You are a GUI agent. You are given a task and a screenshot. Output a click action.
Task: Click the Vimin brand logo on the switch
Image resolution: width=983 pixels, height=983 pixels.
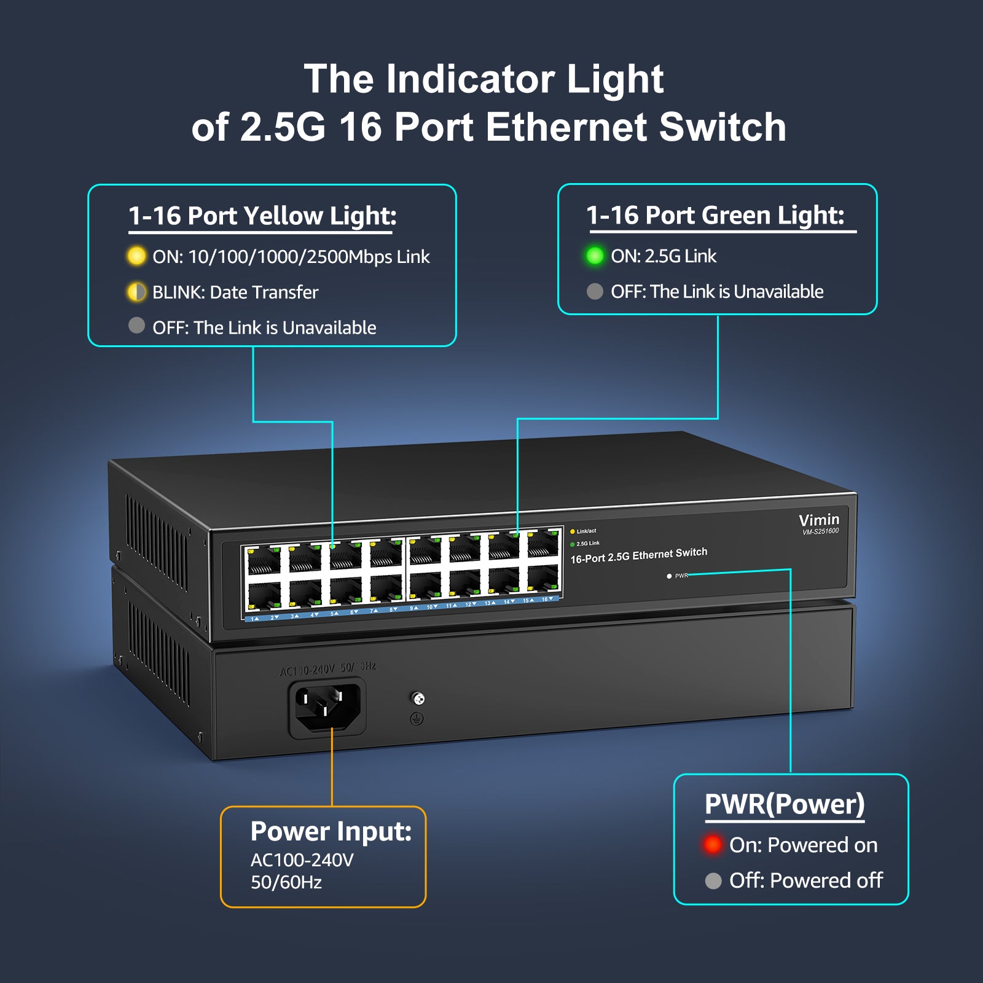pos(818,520)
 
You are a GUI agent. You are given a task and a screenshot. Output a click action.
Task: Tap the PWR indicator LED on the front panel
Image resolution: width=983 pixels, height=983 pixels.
pos(669,576)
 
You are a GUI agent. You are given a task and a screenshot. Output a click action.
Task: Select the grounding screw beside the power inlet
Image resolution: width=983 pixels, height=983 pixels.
pos(418,699)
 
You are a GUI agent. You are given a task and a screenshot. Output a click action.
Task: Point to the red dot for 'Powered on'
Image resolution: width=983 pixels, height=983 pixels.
pos(713,844)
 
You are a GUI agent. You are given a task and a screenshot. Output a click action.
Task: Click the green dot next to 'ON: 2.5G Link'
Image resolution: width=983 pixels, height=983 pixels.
pos(595,256)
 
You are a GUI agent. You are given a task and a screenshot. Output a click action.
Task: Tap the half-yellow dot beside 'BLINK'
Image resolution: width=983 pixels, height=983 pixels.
pos(136,292)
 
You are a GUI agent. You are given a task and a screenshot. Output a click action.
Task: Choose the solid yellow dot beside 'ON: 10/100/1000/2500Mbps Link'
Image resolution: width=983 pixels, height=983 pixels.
pos(136,256)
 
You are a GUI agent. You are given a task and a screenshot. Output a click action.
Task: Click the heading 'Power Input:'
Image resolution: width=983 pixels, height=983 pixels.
pos(331,831)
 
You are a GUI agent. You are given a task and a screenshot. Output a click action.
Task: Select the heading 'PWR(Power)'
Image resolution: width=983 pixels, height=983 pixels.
pos(785,804)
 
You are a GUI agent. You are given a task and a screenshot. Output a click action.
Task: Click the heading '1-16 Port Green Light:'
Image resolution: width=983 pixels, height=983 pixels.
pos(715,215)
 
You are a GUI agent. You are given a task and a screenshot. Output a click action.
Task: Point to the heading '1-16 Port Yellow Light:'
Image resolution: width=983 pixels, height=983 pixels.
pos(262,216)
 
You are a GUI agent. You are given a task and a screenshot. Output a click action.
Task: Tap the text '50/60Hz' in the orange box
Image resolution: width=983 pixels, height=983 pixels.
pos(286,882)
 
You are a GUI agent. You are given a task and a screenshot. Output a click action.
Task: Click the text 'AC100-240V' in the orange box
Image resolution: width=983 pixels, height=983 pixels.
pos(302,860)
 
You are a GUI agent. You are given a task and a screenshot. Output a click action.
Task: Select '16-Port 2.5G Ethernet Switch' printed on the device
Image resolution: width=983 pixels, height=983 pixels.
pos(638,555)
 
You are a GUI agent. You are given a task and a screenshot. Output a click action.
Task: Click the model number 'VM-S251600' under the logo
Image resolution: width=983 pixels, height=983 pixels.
pos(820,531)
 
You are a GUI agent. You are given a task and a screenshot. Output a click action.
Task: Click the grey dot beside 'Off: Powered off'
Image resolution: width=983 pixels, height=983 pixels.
pos(713,881)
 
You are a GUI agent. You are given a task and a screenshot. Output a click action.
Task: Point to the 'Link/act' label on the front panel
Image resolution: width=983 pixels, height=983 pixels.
pos(586,531)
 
